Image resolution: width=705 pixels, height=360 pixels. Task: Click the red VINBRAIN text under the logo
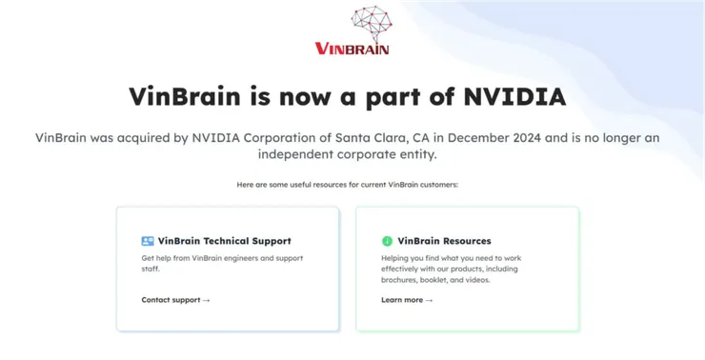352,48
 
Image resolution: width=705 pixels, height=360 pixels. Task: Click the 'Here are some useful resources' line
348,184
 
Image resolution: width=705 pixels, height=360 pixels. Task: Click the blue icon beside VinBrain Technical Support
148,241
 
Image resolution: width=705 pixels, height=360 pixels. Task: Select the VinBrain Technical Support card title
224,241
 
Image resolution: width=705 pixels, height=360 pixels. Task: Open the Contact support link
171,299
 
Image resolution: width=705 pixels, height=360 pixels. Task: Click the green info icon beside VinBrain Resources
387,241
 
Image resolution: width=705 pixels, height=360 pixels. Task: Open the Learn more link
402,299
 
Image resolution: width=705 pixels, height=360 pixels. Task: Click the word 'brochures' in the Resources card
403,281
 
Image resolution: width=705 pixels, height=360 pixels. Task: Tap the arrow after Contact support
206,299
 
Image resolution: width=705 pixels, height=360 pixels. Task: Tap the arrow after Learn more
429,299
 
